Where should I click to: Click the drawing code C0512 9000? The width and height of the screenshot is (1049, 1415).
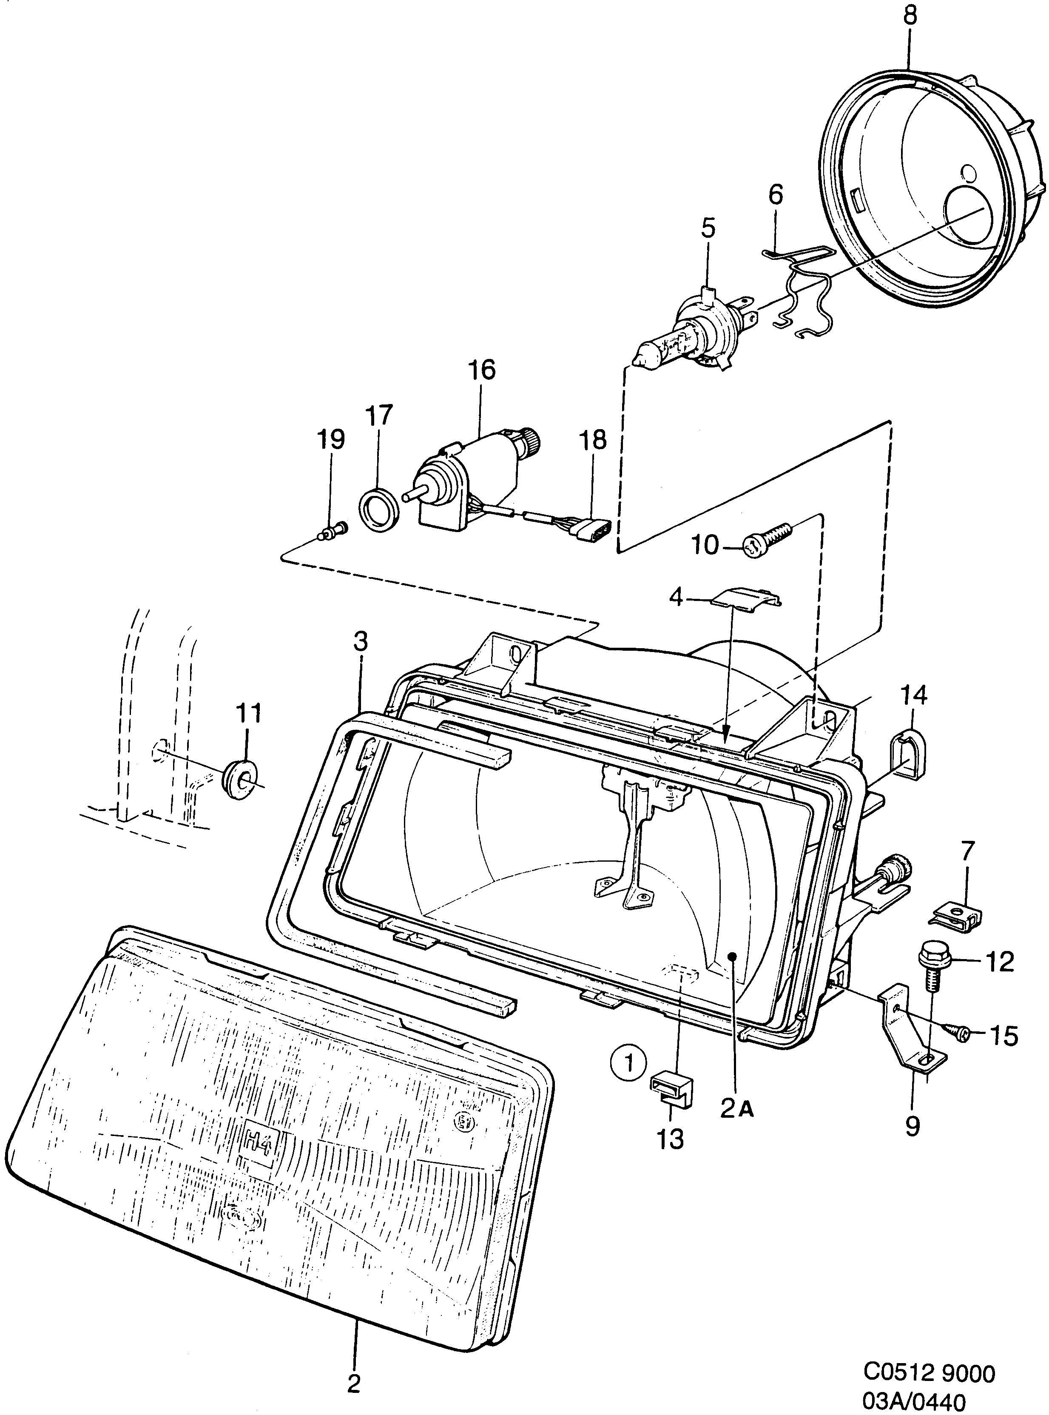(x=928, y=1372)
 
